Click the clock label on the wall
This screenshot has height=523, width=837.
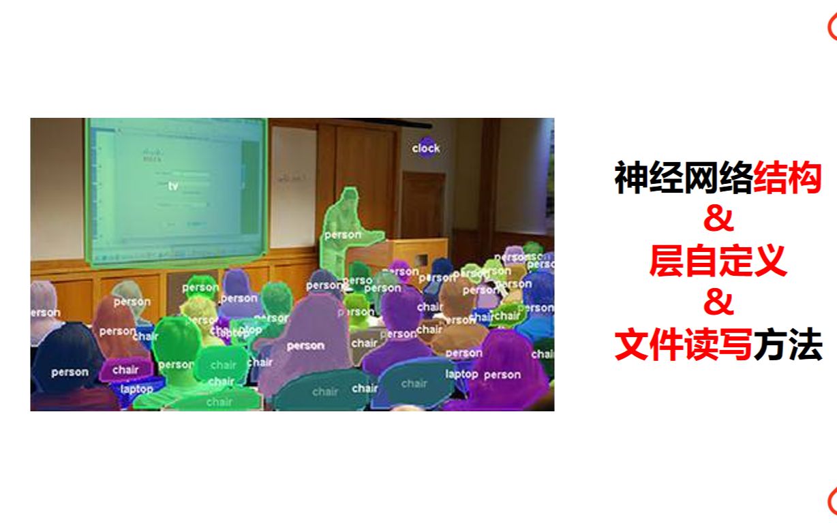point(426,148)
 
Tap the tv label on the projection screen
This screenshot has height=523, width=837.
point(172,185)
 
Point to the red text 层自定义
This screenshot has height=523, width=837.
point(718,262)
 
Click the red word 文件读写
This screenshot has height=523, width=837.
point(683,345)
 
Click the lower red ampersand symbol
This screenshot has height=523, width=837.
point(717,304)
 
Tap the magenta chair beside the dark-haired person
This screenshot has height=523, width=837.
point(123,370)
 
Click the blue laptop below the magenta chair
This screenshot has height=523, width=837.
point(137,390)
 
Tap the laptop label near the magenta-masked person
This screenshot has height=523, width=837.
point(461,374)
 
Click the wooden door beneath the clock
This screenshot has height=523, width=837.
point(423,204)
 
